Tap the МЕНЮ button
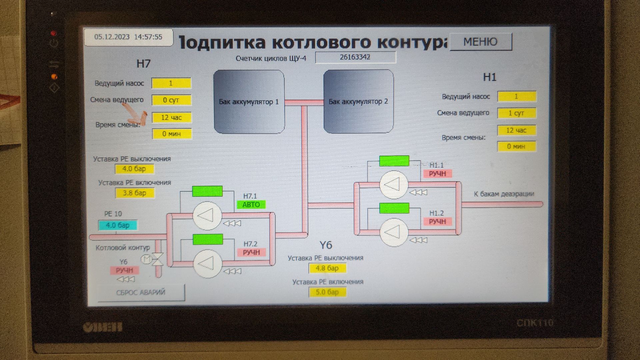tap(480, 42)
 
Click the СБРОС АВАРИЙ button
tap(141, 292)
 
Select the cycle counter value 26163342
tap(355, 57)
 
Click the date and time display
tap(128, 37)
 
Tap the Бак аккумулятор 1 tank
tap(249, 102)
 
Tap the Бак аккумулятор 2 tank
tap(358, 102)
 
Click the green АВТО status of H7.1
tap(251, 204)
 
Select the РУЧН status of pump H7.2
tap(251, 252)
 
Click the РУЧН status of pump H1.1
tap(437, 174)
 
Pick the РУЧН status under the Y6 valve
tap(124, 270)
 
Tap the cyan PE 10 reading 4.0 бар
tap(117, 225)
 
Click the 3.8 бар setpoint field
tap(134, 193)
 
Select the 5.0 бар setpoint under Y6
tap(327, 292)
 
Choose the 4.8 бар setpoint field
tap(327, 268)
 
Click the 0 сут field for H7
tap(171, 100)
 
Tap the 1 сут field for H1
tap(516, 113)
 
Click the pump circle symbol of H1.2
tap(394, 232)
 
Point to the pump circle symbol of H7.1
tap(207, 216)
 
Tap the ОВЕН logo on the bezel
tap(103, 327)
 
